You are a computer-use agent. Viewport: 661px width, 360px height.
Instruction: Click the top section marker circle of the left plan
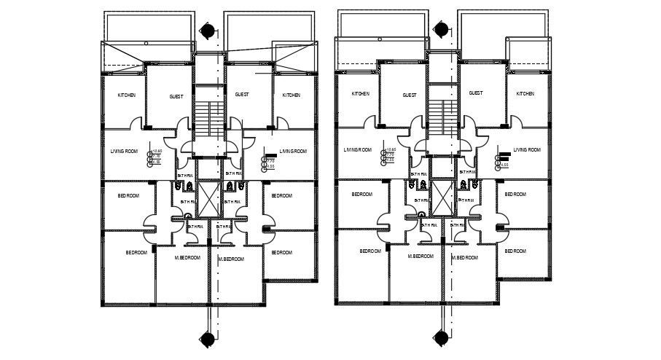coord(209,31)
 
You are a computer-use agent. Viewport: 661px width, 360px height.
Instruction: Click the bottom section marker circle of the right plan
coord(442,337)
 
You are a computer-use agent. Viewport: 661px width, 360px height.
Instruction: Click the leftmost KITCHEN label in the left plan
coord(127,95)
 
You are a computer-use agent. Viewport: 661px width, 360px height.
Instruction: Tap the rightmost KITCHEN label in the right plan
coord(525,93)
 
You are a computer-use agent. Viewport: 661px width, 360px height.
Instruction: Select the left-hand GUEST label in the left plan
coord(176,96)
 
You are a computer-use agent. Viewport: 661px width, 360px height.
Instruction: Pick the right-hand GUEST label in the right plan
coord(475,93)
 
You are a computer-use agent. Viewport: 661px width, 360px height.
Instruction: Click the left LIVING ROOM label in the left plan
coord(124,152)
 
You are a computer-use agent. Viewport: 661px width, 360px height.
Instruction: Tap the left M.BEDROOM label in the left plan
coord(188,258)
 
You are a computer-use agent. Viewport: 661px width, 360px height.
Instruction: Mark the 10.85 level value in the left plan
coord(156,151)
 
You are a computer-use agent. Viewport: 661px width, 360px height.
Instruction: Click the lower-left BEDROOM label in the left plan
coord(136,253)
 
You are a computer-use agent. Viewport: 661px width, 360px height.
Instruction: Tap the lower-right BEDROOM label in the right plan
coord(515,251)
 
